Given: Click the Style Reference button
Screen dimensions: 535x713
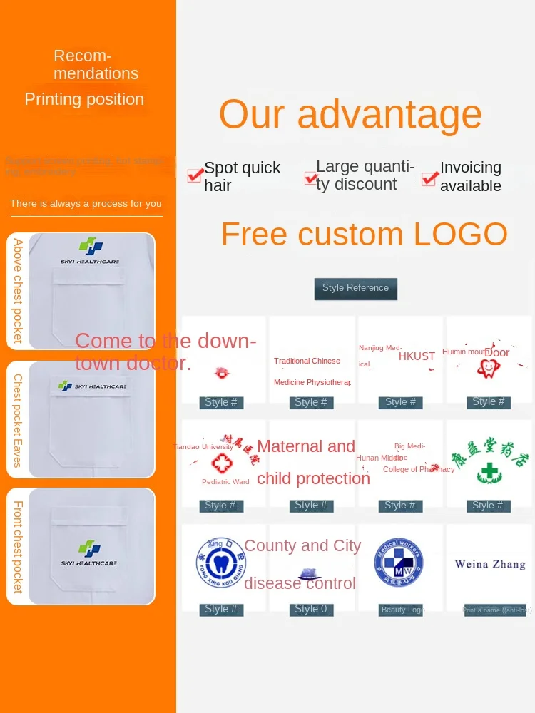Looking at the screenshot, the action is coord(355,288).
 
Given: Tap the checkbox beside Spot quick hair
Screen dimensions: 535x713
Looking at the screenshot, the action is coord(195,176).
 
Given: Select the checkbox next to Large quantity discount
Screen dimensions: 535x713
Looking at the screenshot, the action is coord(310,178).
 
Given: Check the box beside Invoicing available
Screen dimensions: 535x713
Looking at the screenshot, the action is coord(429,178).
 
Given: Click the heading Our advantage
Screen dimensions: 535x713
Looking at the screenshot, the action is coord(350,114).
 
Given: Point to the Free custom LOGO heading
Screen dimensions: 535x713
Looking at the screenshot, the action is coord(364,234).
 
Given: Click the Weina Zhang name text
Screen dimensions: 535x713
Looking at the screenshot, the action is coord(490,564).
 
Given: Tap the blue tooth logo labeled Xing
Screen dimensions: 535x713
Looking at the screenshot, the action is coord(220,563).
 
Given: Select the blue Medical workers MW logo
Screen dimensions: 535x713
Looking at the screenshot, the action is coord(398,563).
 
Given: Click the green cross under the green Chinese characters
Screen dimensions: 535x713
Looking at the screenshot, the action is coord(489,473).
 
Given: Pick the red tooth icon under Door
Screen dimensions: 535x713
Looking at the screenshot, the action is coord(489,368).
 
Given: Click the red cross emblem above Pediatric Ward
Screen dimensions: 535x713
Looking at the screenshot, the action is coord(222,463).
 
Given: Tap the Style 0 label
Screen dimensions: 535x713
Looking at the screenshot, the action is coord(311,610).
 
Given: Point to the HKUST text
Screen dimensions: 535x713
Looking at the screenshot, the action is coord(417,356).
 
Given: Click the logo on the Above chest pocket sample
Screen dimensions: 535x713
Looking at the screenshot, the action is coord(91,247).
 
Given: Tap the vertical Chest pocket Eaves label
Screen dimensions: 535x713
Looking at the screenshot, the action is coord(18,421).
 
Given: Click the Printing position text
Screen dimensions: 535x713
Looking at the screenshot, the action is coord(84,99).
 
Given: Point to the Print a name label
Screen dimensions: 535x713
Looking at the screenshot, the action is coord(496,610).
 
